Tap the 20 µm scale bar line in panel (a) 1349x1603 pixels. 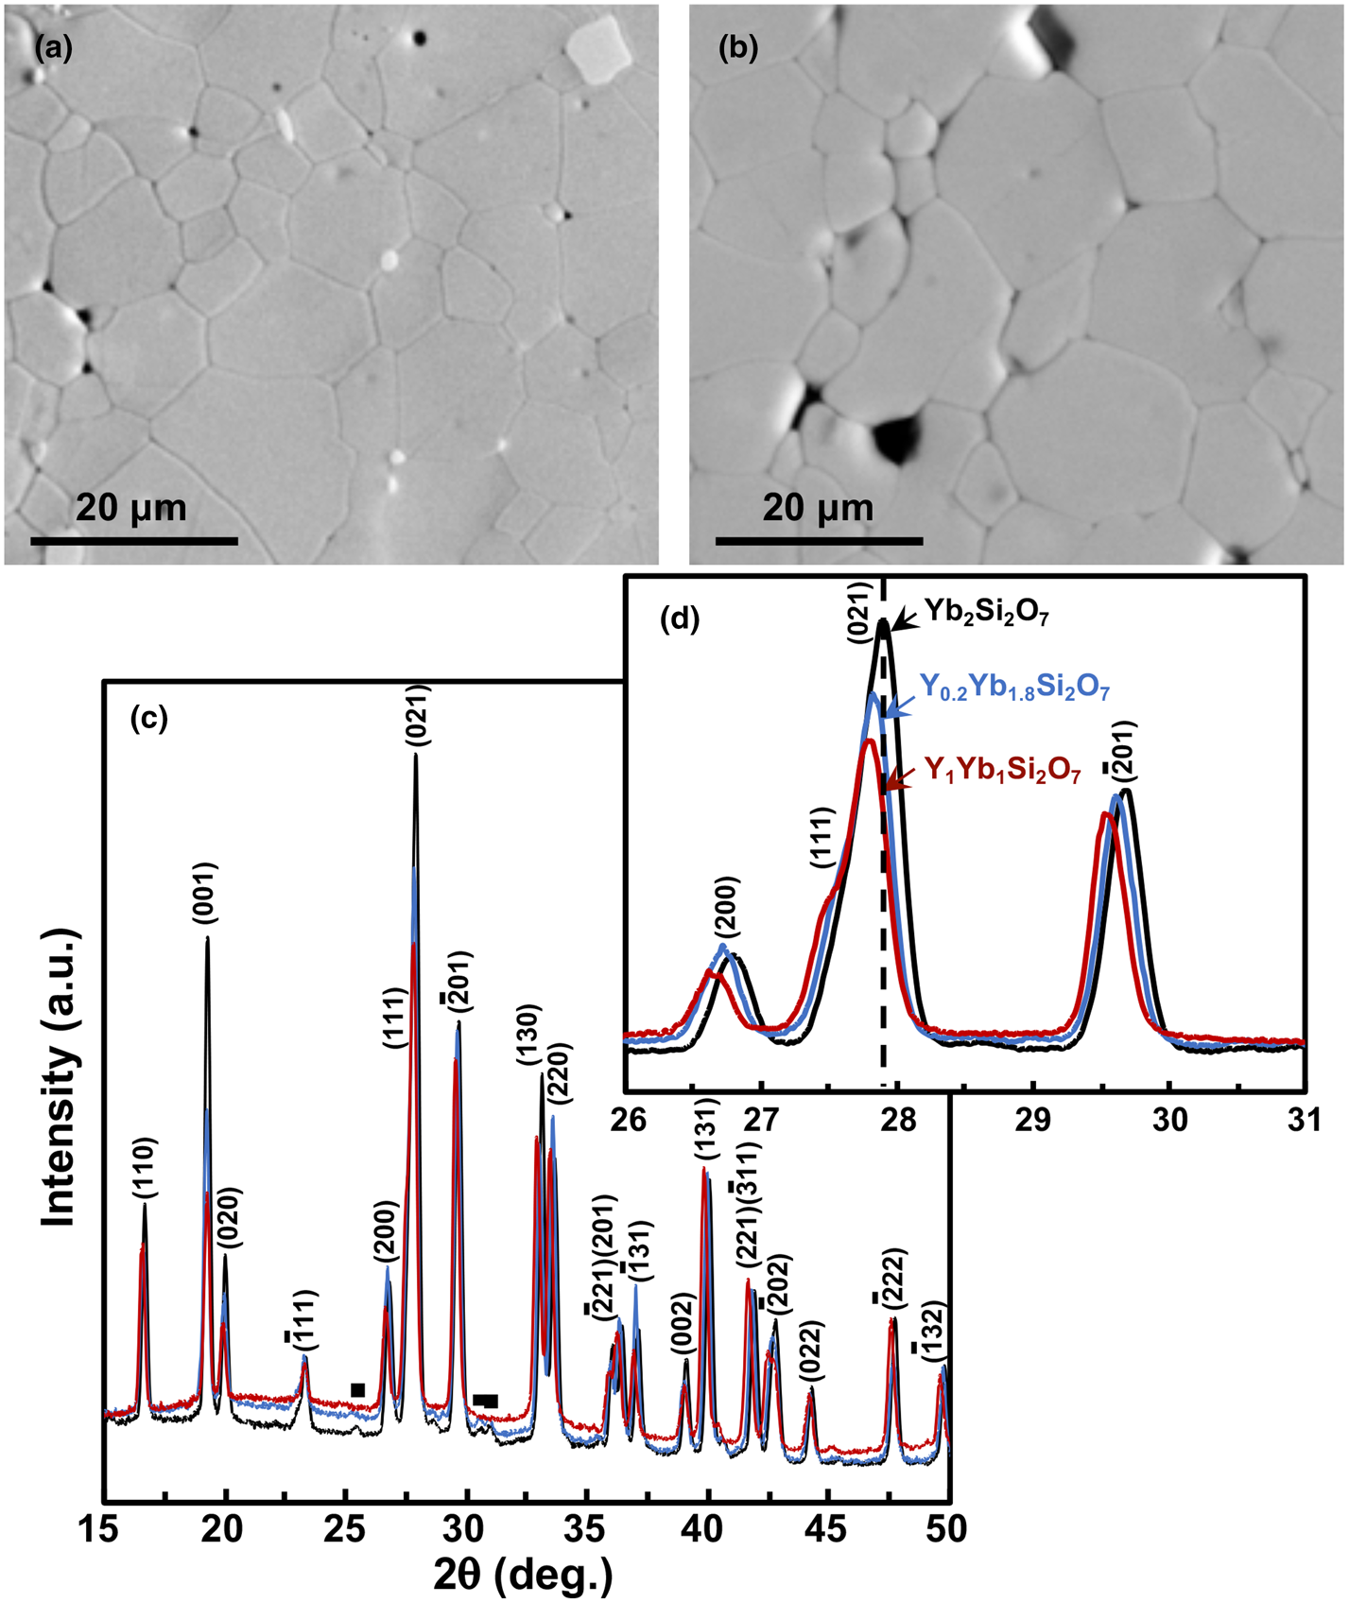(x=133, y=541)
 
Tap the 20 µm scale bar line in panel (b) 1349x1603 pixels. (x=819, y=541)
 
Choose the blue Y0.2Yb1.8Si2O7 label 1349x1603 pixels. (x=1014, y=688)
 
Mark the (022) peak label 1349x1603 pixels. (x=811, y=1354)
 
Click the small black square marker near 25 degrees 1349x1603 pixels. (x=357, y=1389)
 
